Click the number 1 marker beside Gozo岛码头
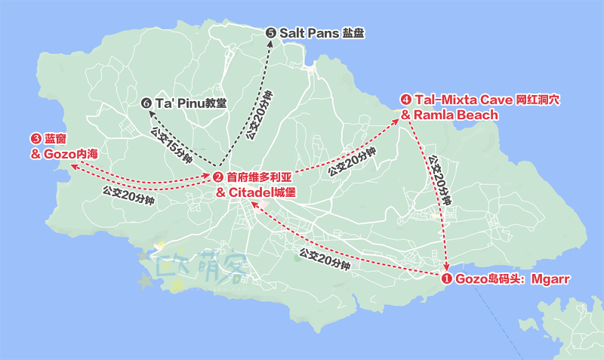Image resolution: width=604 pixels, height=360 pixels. click(446, 278)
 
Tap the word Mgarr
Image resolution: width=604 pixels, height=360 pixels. click(550, 278)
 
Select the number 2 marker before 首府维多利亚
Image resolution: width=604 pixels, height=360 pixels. click(217, 177)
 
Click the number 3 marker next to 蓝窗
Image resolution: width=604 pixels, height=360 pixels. click(35, 139)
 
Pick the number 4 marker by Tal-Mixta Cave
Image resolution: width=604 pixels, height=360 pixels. click(406, 100)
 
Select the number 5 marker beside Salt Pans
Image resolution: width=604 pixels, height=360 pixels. click(271, 32)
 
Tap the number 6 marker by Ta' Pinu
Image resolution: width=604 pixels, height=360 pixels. click(146, 102)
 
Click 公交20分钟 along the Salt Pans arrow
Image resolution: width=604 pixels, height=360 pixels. click(259, 117)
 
